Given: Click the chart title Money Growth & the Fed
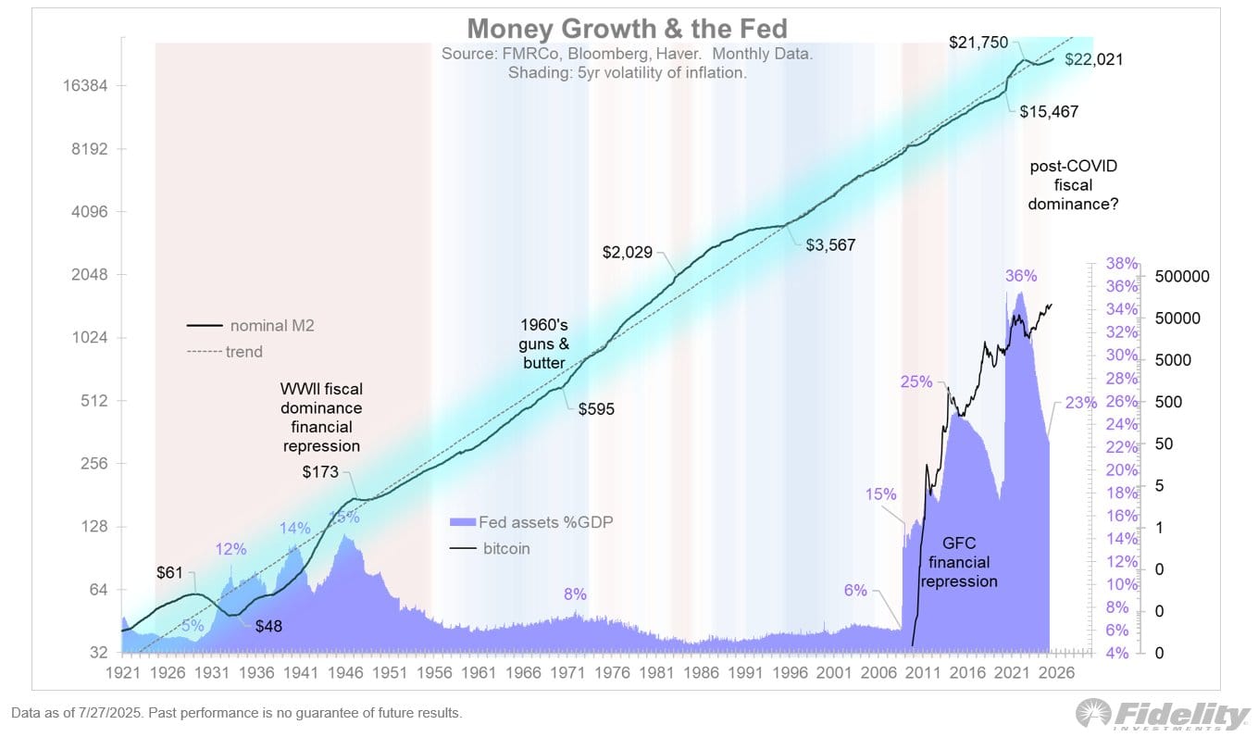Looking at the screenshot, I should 627,27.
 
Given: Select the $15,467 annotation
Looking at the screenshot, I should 1049,111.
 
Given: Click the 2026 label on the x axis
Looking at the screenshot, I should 1054,673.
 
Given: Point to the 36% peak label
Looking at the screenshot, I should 1021,276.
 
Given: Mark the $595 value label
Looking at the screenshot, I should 596,408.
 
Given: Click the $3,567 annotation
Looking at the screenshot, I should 829,245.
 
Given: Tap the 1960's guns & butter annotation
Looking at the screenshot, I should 544,344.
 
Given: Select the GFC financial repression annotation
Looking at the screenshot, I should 959,562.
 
